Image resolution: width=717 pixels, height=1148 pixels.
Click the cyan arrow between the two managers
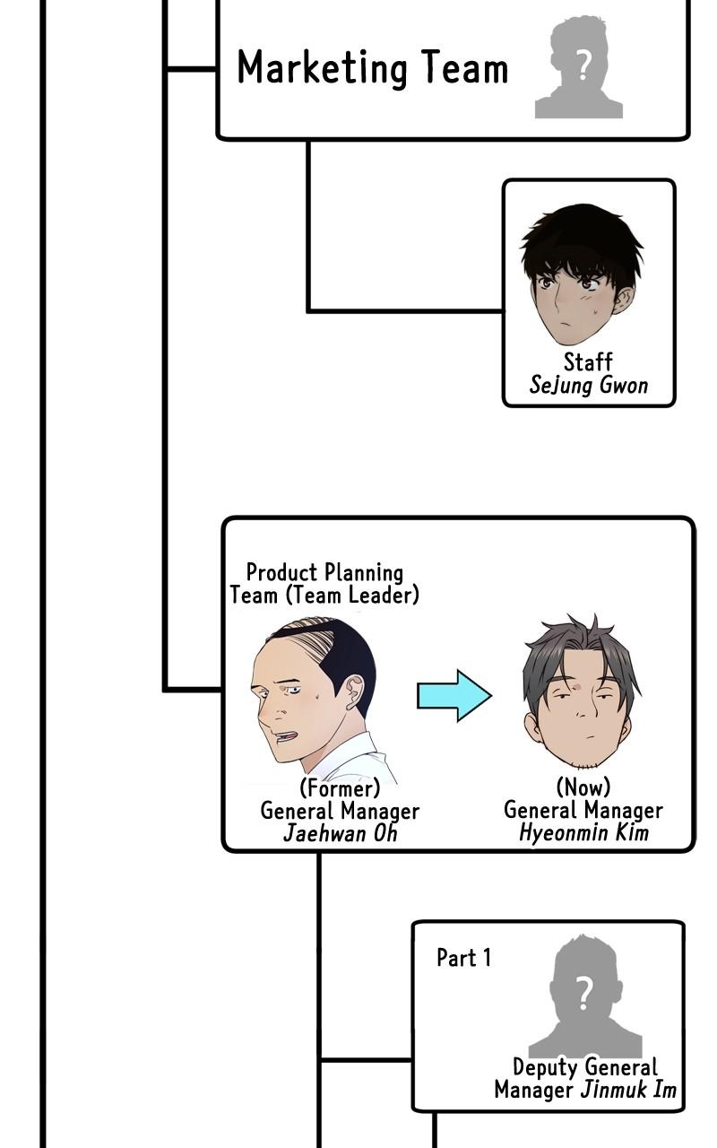coord(454,695)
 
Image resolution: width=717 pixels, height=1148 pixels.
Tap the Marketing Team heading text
coord(372,69)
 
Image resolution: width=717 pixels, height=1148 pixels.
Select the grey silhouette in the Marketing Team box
coord(580,71)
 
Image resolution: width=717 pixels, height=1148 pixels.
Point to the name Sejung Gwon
coord(588,386)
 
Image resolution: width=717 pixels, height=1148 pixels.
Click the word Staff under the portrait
coord(588,362)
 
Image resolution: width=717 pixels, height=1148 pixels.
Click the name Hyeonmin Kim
coord(583,832)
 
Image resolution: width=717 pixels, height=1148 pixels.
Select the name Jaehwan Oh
coord(340,833)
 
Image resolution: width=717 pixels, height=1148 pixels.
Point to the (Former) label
coord(340,788)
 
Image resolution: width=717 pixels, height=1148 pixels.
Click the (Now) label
coord(583,787)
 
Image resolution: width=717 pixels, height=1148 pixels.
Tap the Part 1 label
coord(463,958)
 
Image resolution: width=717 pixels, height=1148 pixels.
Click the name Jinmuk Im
coord(628,1091)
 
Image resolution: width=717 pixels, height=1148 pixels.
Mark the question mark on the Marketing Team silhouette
coord(583,65)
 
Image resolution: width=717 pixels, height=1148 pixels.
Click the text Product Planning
coord(324,572)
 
